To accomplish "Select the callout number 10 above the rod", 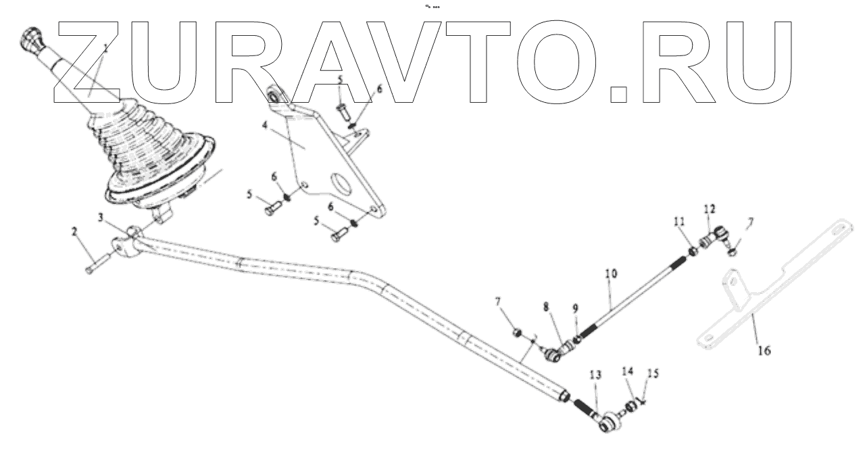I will click(x=611, y=274).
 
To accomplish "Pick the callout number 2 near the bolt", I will click(x=75, y=232).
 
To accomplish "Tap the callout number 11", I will click(x=678, y=221).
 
